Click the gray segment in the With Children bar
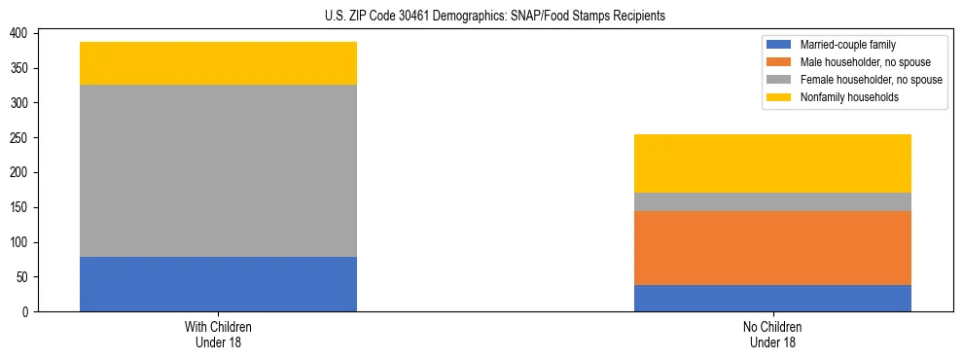click(218, 171)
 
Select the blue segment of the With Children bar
click(218, 284)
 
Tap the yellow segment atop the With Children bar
click(218, 63)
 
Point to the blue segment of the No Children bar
click(772, 298)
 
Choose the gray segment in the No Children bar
click(772, 201)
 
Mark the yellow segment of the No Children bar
click(772, 163)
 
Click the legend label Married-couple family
click(847, 45)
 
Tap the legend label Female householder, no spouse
click(870, 80)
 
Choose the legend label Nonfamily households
click(849, 97)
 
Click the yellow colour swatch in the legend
click(779, 97)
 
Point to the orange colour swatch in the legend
click(779, 62)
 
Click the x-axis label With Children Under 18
click(218, 334)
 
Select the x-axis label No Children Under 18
click(772, 334)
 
